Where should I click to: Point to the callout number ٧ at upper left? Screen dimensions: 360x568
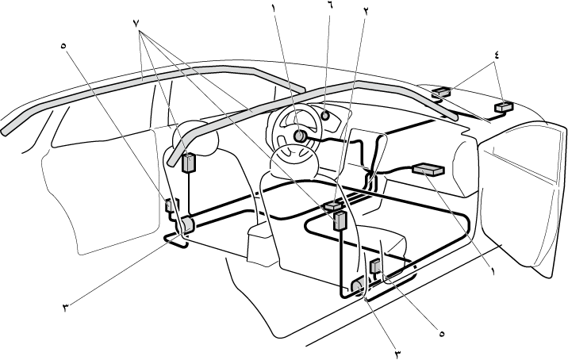point(140,21)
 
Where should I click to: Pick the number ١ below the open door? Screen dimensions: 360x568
point(493,270)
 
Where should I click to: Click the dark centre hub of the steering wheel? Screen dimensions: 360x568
point(301,136)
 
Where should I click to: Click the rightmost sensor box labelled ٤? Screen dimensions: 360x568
point(502,105)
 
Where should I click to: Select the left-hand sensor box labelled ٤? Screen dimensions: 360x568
point(441,92)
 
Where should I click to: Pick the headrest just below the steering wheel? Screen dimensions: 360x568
point(290,165)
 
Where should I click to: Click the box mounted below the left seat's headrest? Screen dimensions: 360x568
point(190,163)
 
